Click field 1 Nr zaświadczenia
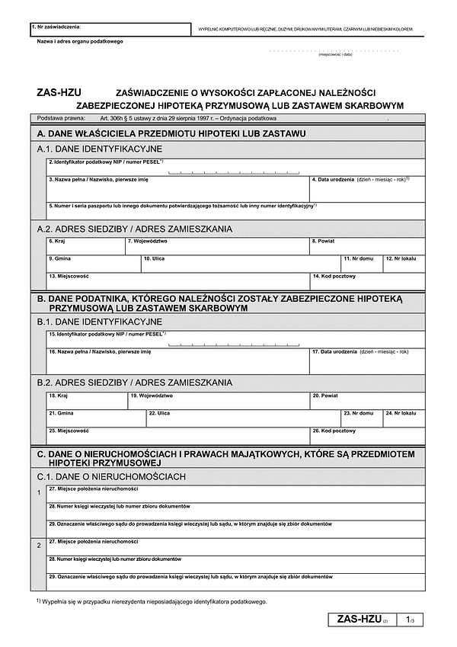[110, 30]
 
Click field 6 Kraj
[85, 246]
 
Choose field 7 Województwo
[216, 246]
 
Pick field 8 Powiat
[366, 246]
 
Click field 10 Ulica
[240, 264]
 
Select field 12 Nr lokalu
[404, 264]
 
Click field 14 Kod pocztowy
[366, 281]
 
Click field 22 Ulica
[242, 418]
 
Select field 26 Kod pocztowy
[366, 436]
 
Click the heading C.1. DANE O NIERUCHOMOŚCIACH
[111, 476]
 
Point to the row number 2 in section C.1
[39, 546]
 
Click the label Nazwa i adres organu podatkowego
[80, 41]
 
